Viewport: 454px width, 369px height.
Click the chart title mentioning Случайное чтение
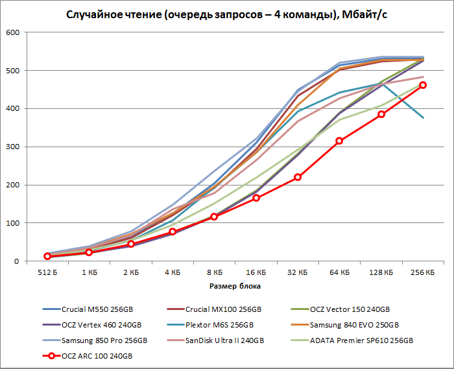228,15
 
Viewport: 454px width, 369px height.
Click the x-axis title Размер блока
235,285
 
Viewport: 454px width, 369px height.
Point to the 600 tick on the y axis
12,32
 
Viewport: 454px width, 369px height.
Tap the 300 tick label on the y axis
12,147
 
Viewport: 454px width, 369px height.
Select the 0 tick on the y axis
17,261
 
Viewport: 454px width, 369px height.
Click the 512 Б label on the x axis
47,273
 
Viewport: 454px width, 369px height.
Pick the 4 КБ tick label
173,273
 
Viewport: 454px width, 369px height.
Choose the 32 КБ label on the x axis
298,273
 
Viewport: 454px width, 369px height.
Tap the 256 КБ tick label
423,273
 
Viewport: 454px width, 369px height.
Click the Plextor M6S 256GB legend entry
224,324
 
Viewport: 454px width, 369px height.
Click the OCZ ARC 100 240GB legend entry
97,356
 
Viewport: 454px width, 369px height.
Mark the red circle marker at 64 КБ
339,141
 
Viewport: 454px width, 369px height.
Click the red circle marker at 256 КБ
423,85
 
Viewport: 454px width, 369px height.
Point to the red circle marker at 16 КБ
256,198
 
